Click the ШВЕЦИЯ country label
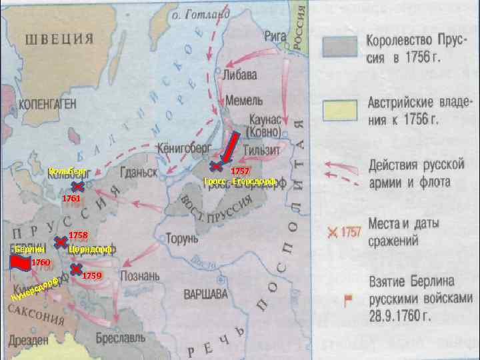(x=59, y=39)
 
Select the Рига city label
(x=257, y=35)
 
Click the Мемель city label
(x=240, y=99)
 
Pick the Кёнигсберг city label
(x=183, y=146)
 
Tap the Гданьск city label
(x=139, y=172)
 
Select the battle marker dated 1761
(x=77, y=189)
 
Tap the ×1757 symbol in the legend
(x=343, y=233)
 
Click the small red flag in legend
(x=347, y=299)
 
